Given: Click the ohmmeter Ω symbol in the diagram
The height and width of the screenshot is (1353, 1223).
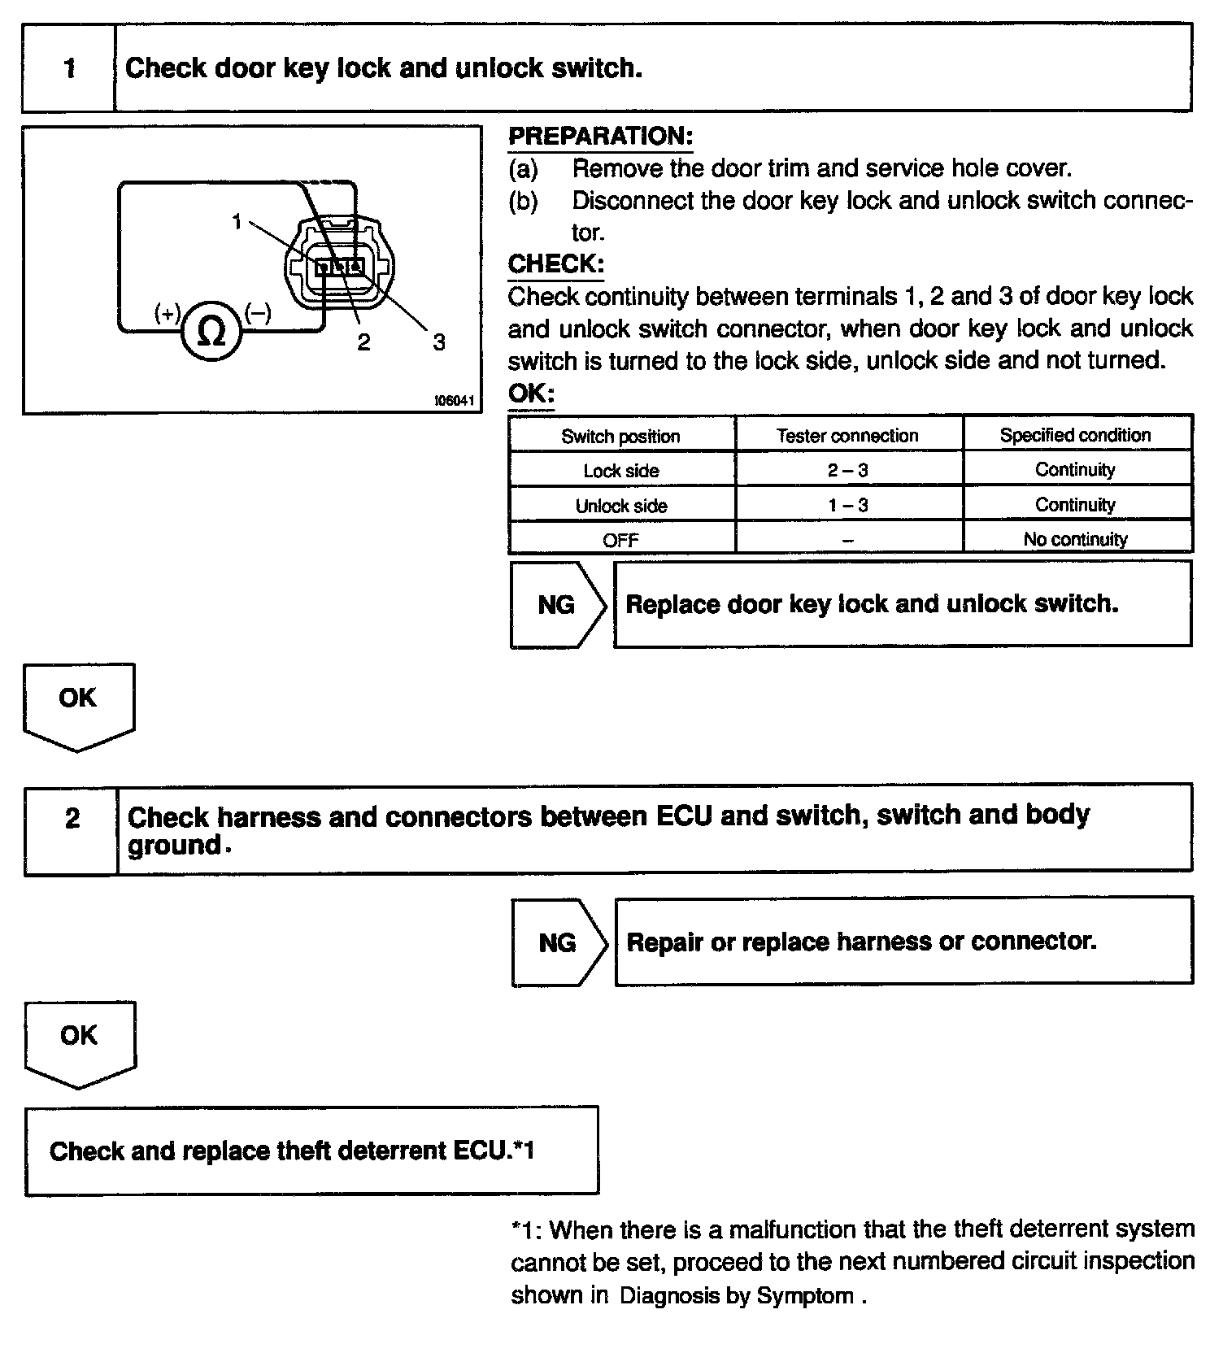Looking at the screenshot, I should click(x=211, y=331).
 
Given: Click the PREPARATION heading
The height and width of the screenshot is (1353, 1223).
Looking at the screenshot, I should click(x=600, y=136).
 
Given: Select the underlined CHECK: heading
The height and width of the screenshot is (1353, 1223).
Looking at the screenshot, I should click(x=555, y=264).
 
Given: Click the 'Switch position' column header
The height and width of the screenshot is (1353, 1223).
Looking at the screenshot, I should click(x=620, y=436).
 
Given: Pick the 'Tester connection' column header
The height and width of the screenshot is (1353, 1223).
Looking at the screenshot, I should click(x=847, y=436).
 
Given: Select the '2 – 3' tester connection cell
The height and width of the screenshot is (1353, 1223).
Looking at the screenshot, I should click(x=847, y=470).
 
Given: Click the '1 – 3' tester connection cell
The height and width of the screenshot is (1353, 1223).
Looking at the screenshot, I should click(x=847, y=505).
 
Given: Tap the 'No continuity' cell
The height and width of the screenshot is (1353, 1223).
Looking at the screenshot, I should click(x=1075, y=539).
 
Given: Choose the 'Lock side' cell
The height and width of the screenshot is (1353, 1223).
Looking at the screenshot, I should click(x=620, y=471).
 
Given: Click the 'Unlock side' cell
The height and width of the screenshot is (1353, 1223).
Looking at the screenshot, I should click(x=620, y=506).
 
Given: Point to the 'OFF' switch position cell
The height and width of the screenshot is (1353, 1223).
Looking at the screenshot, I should click(x=620, y=540).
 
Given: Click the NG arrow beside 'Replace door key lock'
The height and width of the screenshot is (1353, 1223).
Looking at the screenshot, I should click(x=558, y=604).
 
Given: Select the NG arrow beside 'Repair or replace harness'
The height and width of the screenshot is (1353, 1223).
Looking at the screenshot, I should click(x=559, y=942).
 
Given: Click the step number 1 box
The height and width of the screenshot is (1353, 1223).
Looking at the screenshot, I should click(x=69, y=67).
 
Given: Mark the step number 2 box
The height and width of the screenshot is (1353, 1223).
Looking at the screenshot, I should click(x=72, y=818).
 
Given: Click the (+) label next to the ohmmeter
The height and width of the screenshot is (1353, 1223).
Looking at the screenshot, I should click(x=168, y=313).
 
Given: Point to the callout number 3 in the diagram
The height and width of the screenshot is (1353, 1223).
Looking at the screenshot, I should click(x=439, y=342).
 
